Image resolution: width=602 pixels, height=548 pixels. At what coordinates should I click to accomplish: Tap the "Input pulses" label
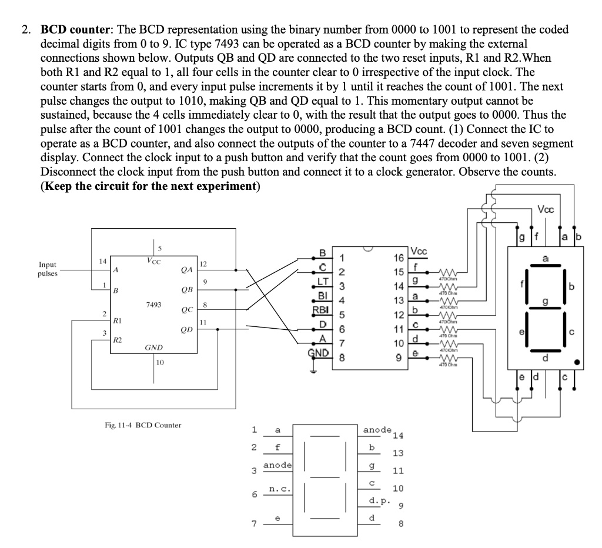coord(48,269)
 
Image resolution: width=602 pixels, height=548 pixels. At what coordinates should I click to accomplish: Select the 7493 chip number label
coord(153,304)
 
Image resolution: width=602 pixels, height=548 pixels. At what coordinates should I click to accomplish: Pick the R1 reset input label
coord(118,322)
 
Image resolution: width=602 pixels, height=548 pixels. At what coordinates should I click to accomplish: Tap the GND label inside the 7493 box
coord(153,347)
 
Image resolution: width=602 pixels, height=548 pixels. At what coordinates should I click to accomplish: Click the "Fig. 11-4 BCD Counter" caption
coord(142,425)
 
